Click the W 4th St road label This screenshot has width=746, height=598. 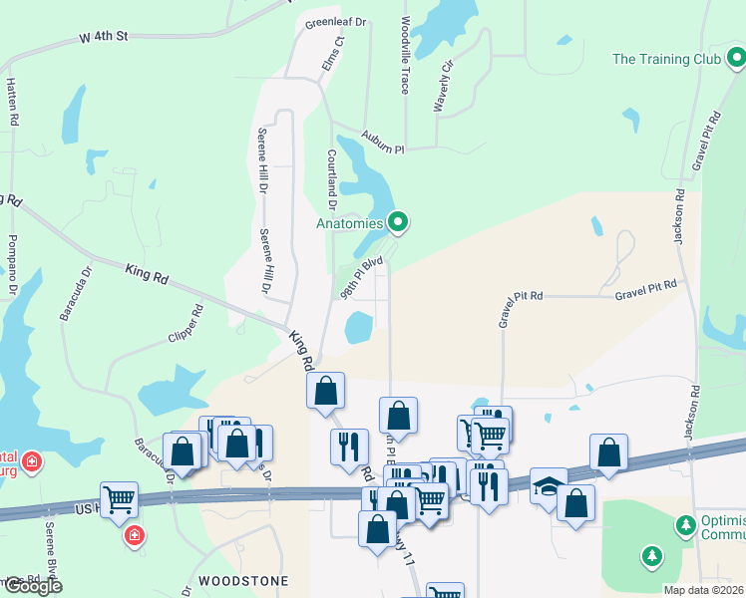click(x=105, y=37)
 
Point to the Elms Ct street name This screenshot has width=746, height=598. click(x=337, y=56)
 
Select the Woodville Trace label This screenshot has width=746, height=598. click(x=405, y=55)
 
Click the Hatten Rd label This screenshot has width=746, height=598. click(x=13, y=101)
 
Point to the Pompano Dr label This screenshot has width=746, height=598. click(x=13, y=265)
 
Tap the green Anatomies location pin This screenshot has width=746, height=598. click(x=398, y=222)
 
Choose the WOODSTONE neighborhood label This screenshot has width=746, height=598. click(x=243, y=580)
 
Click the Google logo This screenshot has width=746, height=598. click(x=32, y=586)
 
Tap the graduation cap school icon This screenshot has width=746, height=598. click(x=548, y=484)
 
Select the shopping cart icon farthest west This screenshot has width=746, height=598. click(x=119, y=497)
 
